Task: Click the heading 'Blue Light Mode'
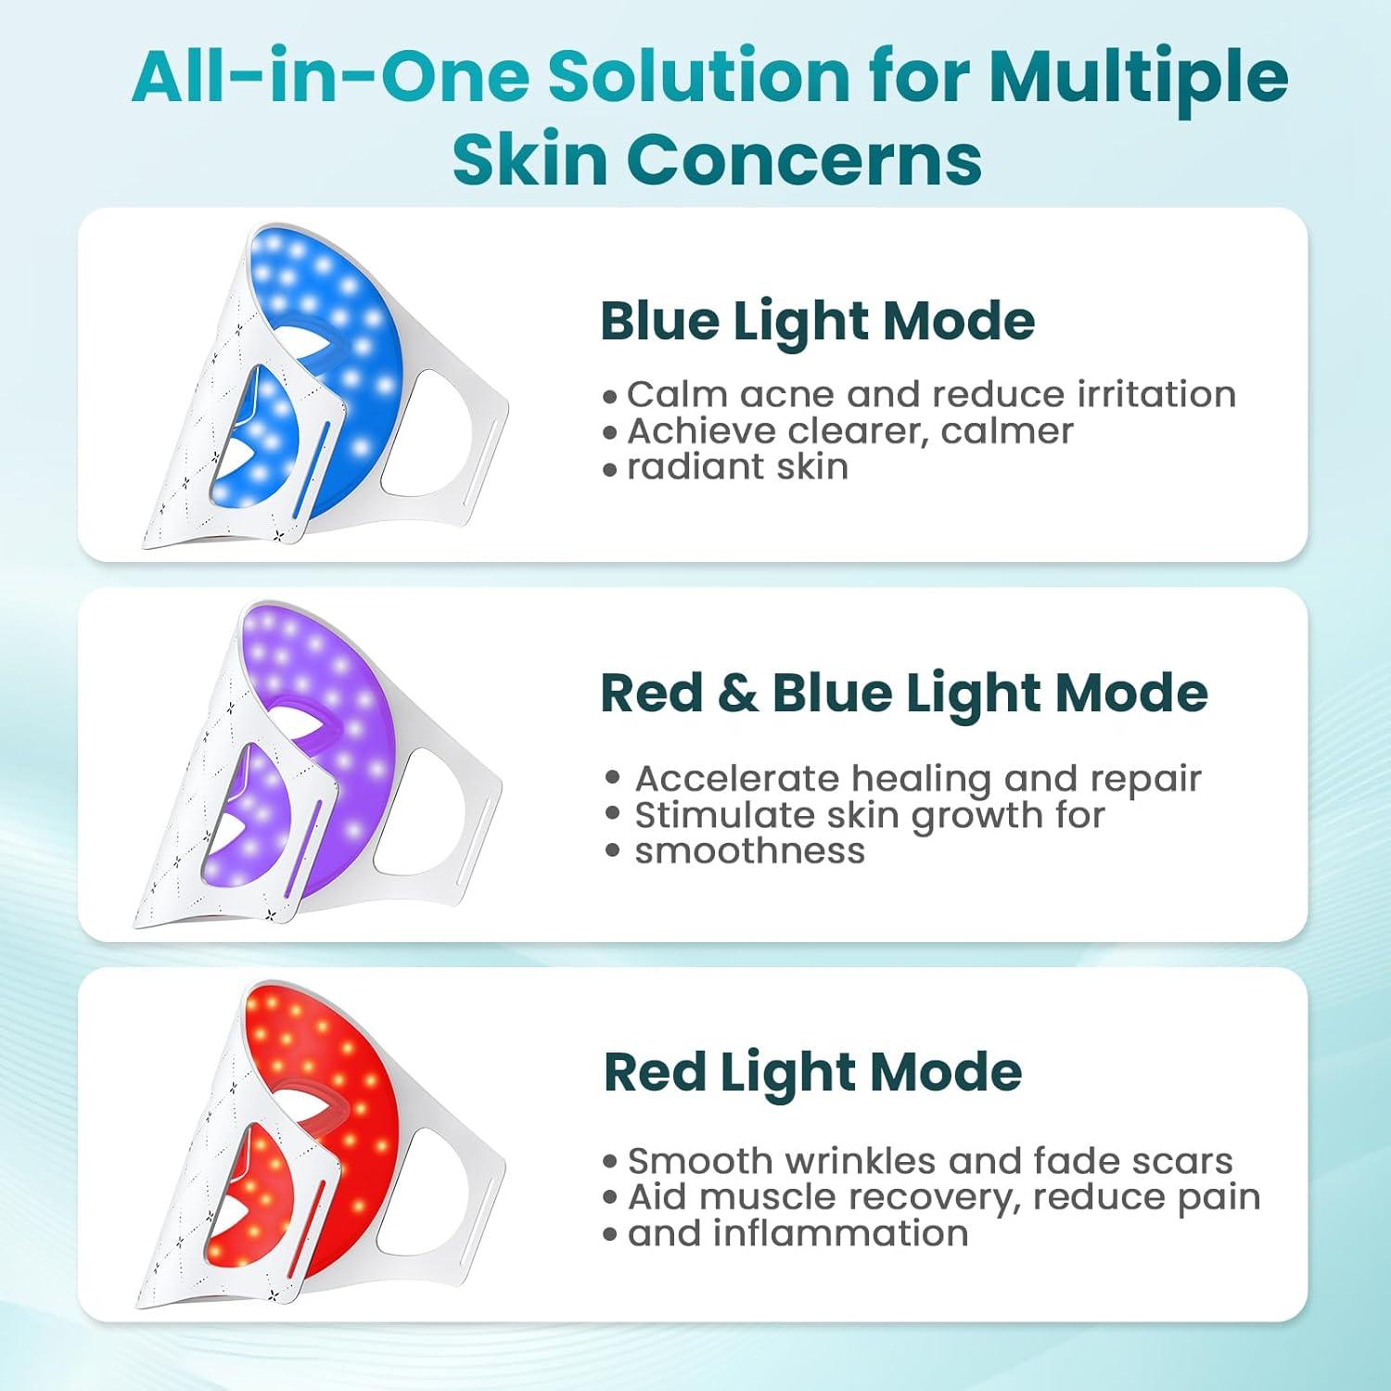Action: pos(817,322)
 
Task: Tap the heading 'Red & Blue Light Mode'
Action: pos(903,694)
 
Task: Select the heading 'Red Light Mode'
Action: pos(812,1073)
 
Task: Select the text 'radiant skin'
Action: pos(737,467)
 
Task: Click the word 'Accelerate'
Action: pos(737,779)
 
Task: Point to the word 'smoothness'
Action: pos(749,851)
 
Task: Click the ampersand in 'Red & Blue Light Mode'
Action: pos(736,695)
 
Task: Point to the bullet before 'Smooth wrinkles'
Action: pos(609,1162)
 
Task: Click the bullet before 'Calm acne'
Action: pos(609,397)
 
